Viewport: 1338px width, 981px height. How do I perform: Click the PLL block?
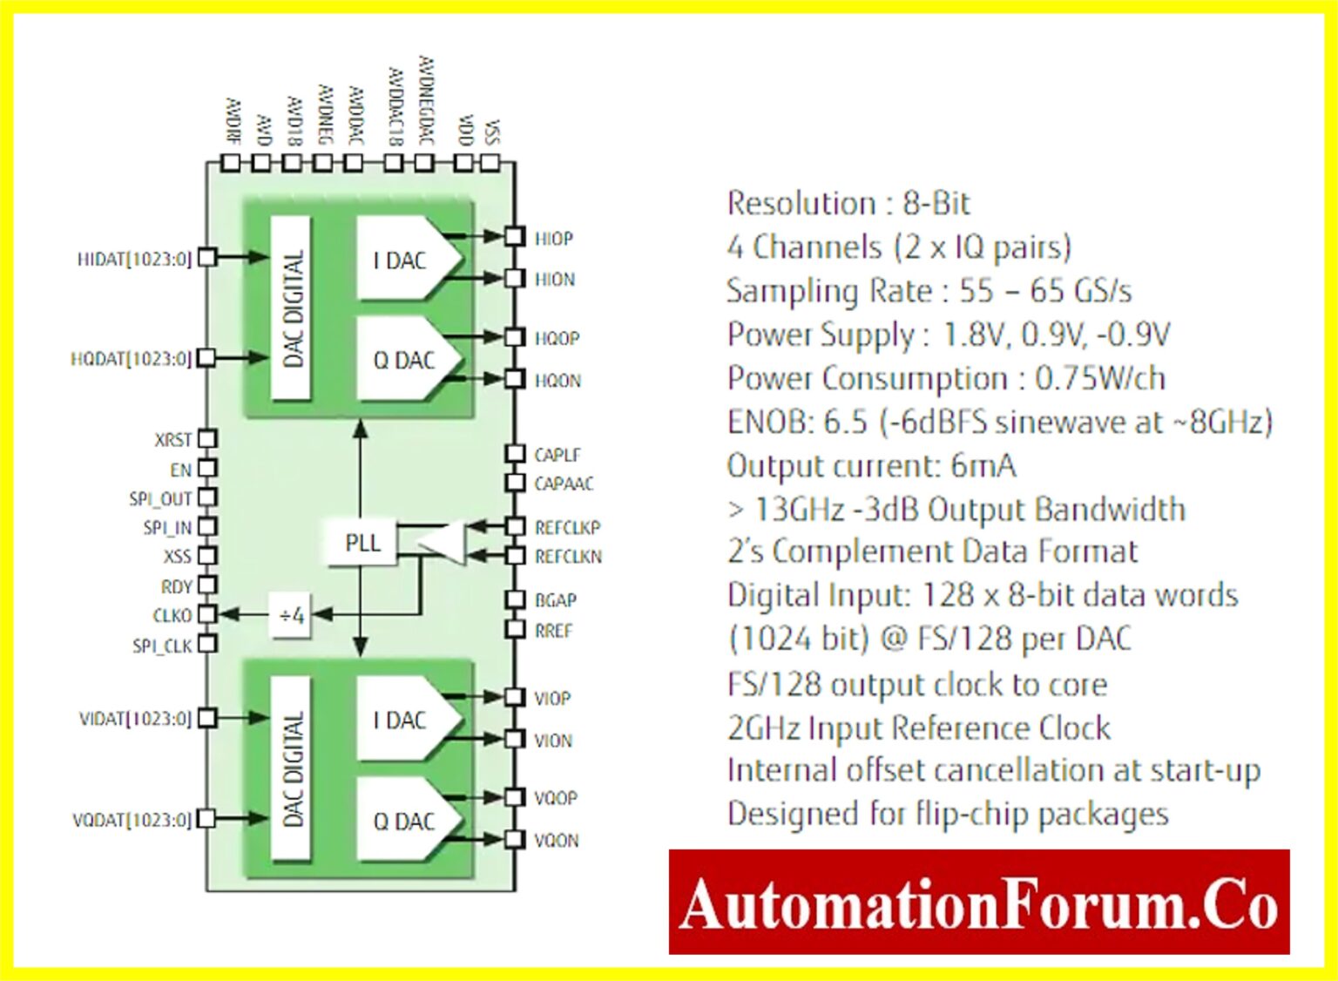[x=362, y=543]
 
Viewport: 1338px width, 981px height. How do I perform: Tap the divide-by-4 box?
[x=292, y=615]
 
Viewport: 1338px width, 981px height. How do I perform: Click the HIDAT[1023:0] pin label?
[x=134, y=260]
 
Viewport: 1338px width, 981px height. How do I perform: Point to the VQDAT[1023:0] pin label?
[x=132, y=820]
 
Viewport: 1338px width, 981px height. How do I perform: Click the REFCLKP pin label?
[x=567, y=528]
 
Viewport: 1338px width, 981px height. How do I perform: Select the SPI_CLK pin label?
[x=162, y=646]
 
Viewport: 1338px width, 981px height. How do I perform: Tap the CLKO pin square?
[x=207, y=614]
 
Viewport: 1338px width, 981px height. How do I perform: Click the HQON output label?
[x=557, y=381]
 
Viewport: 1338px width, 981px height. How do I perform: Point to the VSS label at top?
[x=492, y=130]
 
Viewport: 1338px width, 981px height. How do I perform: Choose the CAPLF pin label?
[x=557, y=455]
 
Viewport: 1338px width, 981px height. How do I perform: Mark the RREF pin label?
[x=554, y=631]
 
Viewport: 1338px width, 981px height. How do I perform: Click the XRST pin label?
[x=172, y=440]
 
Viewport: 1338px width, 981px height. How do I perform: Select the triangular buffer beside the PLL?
[x=444, y=542]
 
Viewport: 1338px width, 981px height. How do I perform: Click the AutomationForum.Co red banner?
[x=979, y=903]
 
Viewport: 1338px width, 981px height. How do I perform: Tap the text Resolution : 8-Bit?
[x=848, y=203]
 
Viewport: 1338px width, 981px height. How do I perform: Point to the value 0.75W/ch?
[x=1099, y=378]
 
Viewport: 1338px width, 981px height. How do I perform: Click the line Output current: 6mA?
[x=871, y=465]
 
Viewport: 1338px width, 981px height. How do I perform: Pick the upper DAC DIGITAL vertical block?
[x=293, y=308]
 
